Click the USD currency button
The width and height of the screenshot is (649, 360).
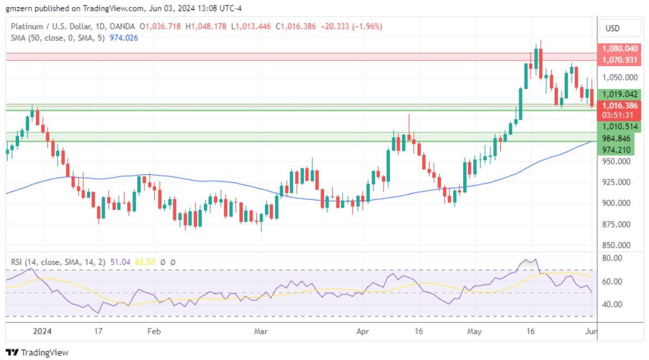(x=612, y=28)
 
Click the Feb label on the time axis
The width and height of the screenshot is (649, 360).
(x=154, y=330)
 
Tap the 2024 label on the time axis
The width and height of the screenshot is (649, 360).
(x=42, y=330)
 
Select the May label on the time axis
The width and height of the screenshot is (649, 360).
(x=475, y=330)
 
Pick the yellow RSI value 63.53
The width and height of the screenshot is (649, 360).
(x=146, y=262)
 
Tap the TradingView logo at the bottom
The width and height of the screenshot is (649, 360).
(x=37, y=352)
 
